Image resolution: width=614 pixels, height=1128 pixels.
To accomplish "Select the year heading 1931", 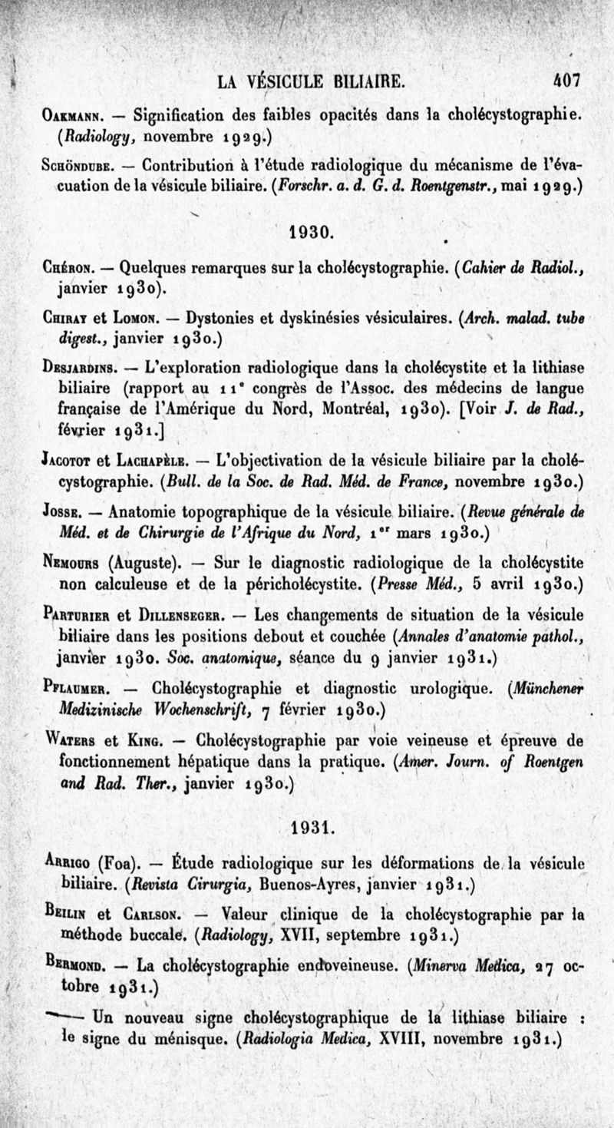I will click(311, 829).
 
